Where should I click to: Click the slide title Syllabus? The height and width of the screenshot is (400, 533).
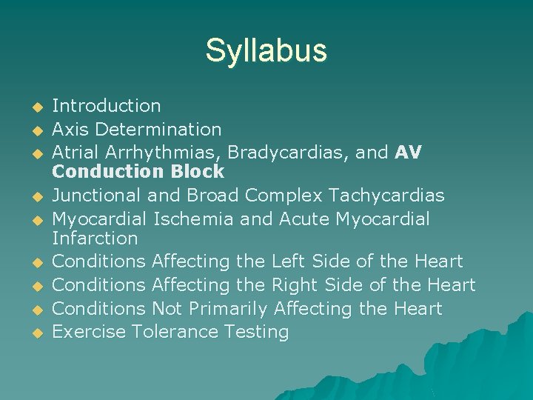266,50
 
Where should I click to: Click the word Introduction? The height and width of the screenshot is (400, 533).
107,106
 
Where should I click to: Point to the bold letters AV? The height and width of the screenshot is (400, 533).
408,152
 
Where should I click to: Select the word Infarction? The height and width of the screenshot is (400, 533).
95,239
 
